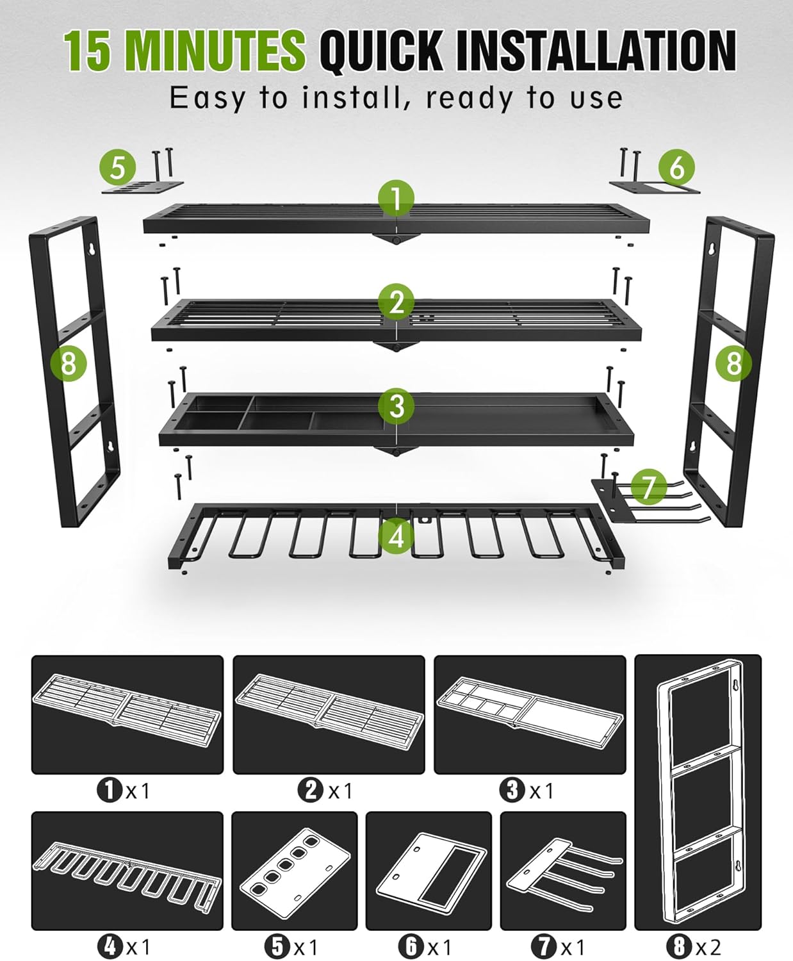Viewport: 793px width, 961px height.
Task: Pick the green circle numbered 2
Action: [x=396, y=302]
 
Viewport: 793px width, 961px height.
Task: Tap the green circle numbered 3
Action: [x=396, y=406]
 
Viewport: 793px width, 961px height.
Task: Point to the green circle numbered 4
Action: [x=396, y=535]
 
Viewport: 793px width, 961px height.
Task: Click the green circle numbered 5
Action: [x=118, y=168]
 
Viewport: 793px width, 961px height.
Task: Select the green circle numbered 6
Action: [x=677, y=168]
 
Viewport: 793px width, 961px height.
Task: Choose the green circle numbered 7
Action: [x=649, y=487]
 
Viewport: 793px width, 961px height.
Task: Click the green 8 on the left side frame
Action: [x=69, y=364]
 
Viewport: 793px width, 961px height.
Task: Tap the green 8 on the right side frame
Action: [x=733, y=364]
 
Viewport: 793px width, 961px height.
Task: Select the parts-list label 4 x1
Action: [x=124, y=946]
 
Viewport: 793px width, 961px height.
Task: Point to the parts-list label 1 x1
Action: [x=124, y=791]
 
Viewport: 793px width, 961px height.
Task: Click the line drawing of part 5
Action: [x=295, y=871]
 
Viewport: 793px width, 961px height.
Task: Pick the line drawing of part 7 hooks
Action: [x=562, y=871]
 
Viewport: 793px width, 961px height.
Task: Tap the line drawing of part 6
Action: [x=429, y=871]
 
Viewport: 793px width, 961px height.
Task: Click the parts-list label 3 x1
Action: [x=527, y=791]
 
